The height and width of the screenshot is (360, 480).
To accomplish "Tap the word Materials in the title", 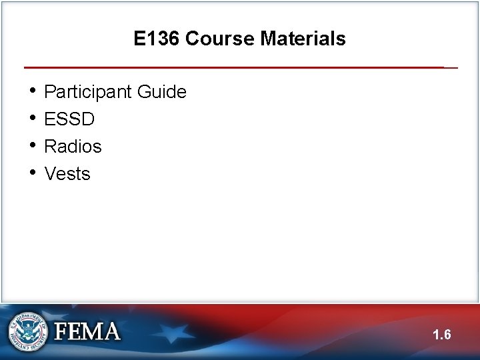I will click(303, 39).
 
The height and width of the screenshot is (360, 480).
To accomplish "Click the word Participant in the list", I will click(89, 92).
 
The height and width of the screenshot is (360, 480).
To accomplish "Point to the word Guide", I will click(162, 92).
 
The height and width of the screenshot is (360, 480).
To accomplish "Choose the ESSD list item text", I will click(69, 119).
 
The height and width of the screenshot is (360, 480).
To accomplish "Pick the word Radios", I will click(73, 147).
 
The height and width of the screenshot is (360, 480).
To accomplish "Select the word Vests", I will click(67, 174).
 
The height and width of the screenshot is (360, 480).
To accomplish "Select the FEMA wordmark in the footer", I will click(87, 331).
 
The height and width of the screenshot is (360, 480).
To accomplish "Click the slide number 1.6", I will click(441, 335).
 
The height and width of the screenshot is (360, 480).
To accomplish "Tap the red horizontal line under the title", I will click(233, 67).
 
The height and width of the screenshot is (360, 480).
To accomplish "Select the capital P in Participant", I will click(50, 92).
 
